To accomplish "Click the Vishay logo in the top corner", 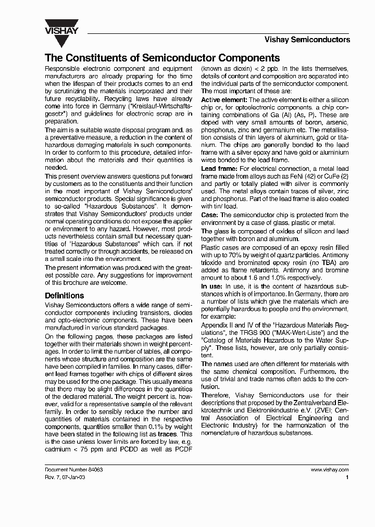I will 61,27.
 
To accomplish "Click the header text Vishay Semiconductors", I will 307,40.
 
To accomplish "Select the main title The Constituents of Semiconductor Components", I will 162,58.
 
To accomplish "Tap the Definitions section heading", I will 65,296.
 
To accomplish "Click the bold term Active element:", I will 224,99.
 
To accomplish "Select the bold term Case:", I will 210,215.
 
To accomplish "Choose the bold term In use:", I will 212,286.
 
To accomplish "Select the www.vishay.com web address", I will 330,469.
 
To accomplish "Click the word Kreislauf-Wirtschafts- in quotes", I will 160,106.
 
